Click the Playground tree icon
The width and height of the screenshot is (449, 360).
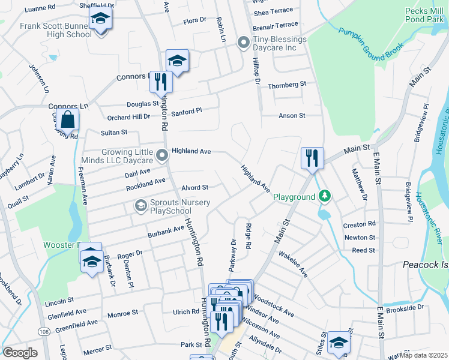(325, 196)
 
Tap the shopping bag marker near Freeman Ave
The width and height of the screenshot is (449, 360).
(68, 119)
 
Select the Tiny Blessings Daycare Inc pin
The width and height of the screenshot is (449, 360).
(243, 42)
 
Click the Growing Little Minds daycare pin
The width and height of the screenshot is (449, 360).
(161, 156)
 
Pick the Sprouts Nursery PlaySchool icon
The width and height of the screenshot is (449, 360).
(140, 206)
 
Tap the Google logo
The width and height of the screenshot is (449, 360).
(20, 352)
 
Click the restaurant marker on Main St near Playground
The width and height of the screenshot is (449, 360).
(312, 158)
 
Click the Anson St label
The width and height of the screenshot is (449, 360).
(292, 115)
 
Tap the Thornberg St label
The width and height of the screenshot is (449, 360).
(287, 85)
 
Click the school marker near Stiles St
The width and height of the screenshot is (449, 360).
(339, 342)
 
